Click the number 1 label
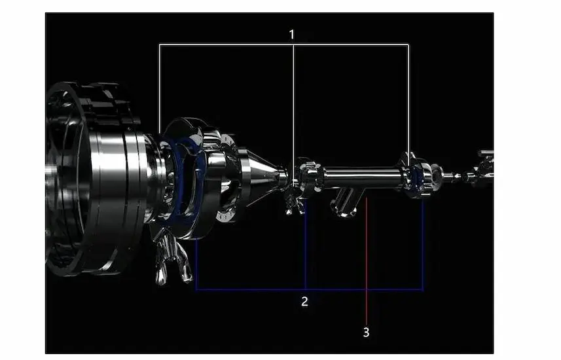[x=292, y=35]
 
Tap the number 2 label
[x=304, y=302]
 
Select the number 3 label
[x=366, y=333]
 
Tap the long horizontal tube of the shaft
[x=361, y=177]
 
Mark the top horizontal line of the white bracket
[x=284, y=45]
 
